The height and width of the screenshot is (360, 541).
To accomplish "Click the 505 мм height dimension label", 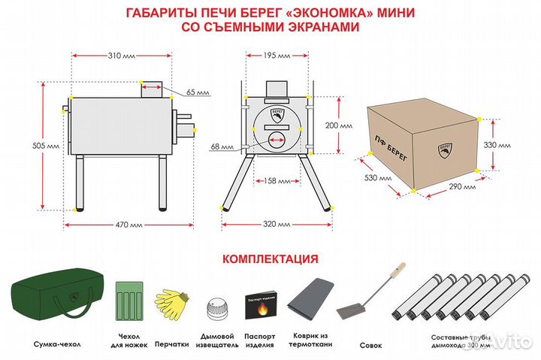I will [25, 144].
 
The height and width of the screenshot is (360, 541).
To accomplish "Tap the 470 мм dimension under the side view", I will [127, 225].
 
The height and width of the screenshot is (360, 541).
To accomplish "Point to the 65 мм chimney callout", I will [198, 92].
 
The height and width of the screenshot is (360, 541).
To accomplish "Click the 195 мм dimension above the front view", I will [277, 56].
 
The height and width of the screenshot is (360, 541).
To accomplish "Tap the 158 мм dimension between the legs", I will [278, 181].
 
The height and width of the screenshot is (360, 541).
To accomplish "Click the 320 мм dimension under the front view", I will [277, 225].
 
